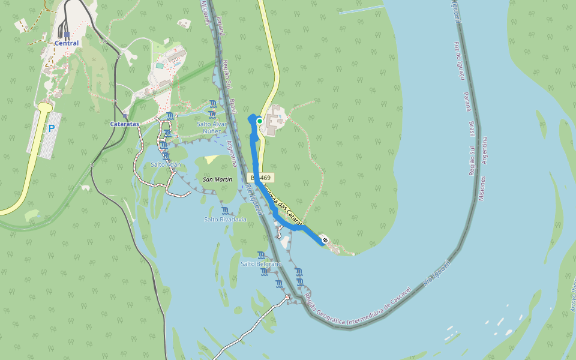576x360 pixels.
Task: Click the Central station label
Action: click(x=66, y=43)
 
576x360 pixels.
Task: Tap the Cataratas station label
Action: click(x=125, y=124)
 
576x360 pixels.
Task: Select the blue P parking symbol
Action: click(x=51, y=128)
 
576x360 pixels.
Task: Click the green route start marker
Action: click(x=259, y=121)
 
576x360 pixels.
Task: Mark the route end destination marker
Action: click(x=325, y=240)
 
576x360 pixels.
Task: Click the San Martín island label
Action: click(x=218, y=179)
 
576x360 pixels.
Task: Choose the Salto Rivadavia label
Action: click(x=225, y=219)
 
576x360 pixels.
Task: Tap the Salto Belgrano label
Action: click(x=261, y=264)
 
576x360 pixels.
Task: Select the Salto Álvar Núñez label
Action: click(x=212, y=127)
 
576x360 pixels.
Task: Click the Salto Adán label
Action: click(x=166, y=164)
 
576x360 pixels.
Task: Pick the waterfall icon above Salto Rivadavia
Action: click(x=225, y=210)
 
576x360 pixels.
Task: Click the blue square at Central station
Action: click(x=66, y=35)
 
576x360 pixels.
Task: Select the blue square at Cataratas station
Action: click(x=125, y=116)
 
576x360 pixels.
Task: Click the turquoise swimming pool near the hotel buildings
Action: click(x=160, y=65)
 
